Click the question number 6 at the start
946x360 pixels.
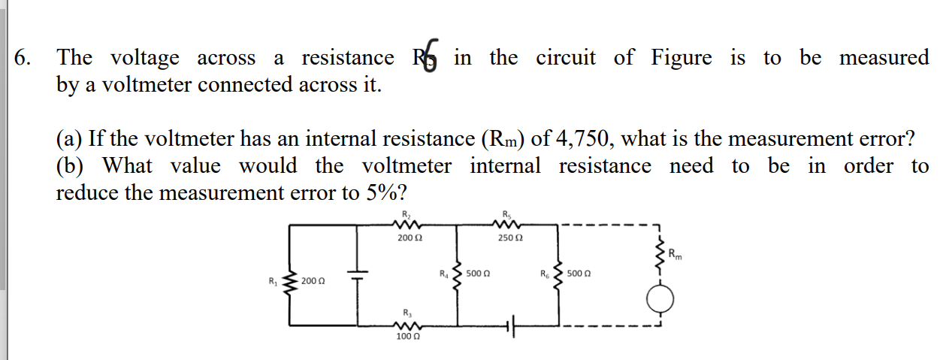pyautogui.click(x=23, y=58)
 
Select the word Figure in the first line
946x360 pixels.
pyautogui.click(x=681, y=58)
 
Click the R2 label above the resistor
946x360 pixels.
pyautogui.click(x=407, y=213)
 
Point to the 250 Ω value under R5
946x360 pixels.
pyautogui.click(x=510, y=238)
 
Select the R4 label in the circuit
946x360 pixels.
pyautogui.click(x=443, y=274)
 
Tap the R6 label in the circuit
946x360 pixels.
pyautogui.click(x=545, y=274)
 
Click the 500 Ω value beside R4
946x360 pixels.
pyautogui.click(x=478, y=274)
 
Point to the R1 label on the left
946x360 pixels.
pyautogui.click(x=273, y=282)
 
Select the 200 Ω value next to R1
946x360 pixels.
pyautogui.click(x=312, y=282)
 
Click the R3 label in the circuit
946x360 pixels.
pyautogui.click(x=407, y=312)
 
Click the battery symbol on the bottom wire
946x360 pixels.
pyautogui.click(x=512, y=326)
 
